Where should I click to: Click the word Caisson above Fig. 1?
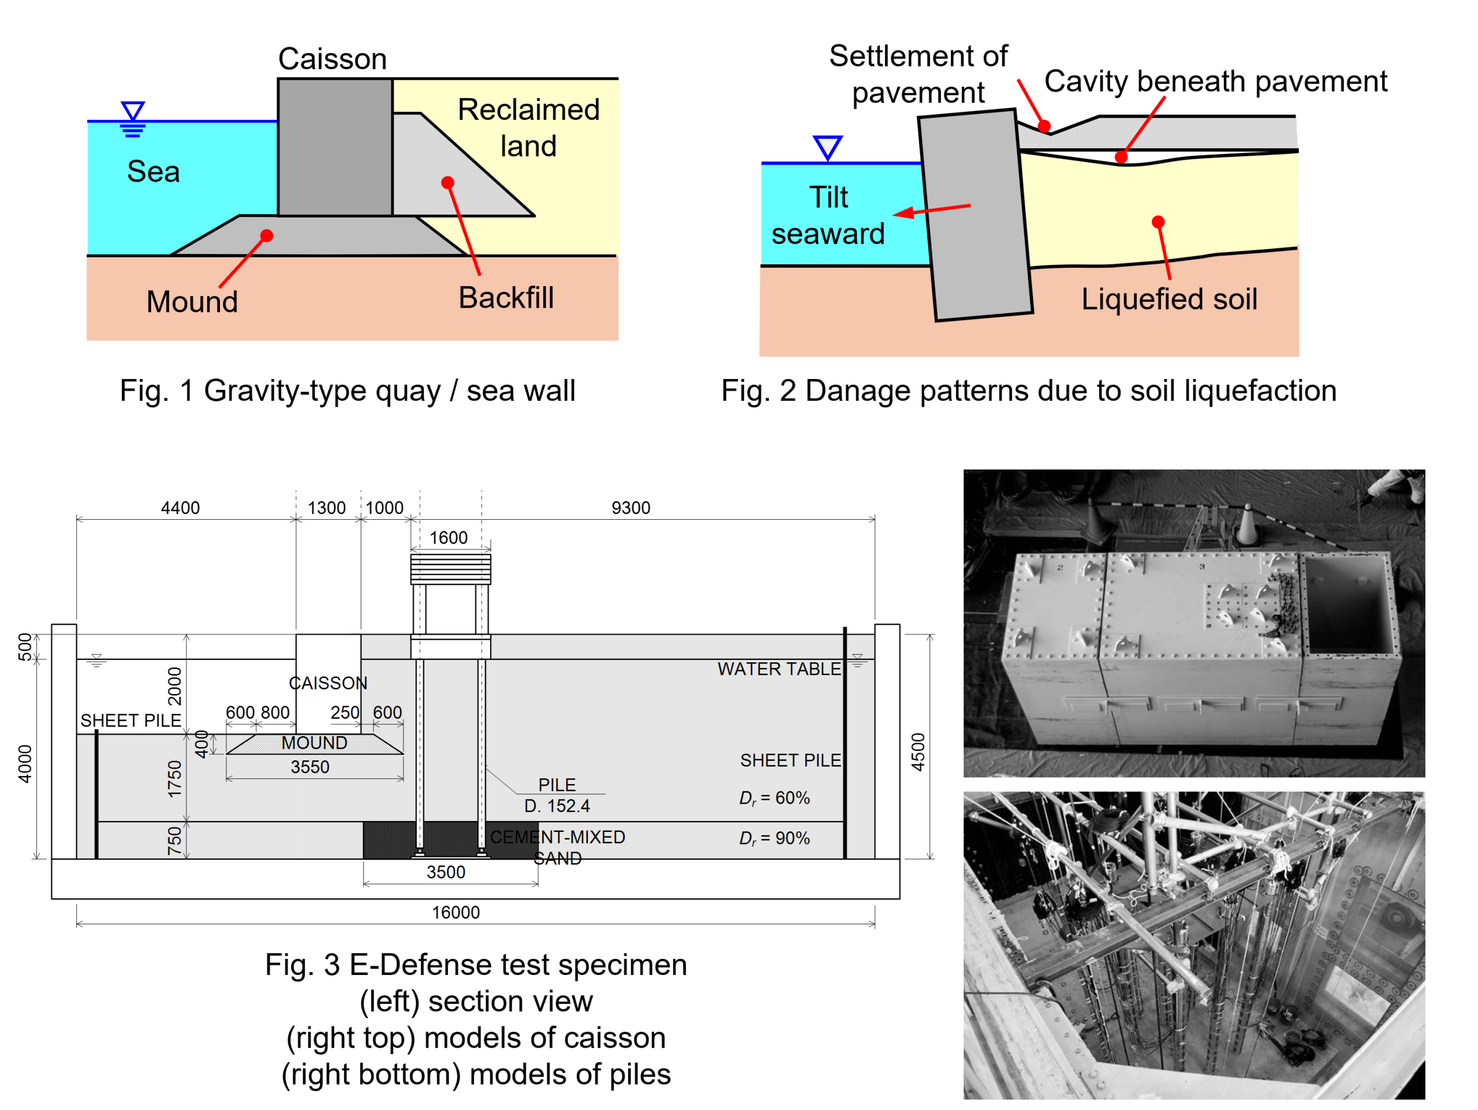(x=332, y=59)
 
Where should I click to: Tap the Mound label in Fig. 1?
(x=192, y=302)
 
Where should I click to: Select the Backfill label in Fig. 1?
(x=506, y=298)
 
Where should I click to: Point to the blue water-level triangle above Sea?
(x=133, y=111)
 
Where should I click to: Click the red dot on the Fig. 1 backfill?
(x=447, y=182)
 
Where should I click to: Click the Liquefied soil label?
(x=1169, y=299)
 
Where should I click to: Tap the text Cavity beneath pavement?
(x=1215, y=81)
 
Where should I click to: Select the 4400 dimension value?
(x=180, y=508)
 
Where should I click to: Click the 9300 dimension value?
(x=631, y=508)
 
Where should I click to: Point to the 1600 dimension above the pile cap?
(x=449, y=538)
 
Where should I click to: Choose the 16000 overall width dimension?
(x=456, y=913)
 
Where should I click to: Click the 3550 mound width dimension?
(x=310, y=767)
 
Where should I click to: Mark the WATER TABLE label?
(x=779, y=669)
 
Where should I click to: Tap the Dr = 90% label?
(x=774, y=839)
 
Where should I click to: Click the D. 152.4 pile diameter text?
(x=557, y=807)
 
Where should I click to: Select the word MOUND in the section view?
(x=314, y=743)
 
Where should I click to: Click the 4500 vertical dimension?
(x=919, y=752)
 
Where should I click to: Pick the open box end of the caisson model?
(x=1348, y=605)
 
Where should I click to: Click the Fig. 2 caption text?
(x=1029, y=391)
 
